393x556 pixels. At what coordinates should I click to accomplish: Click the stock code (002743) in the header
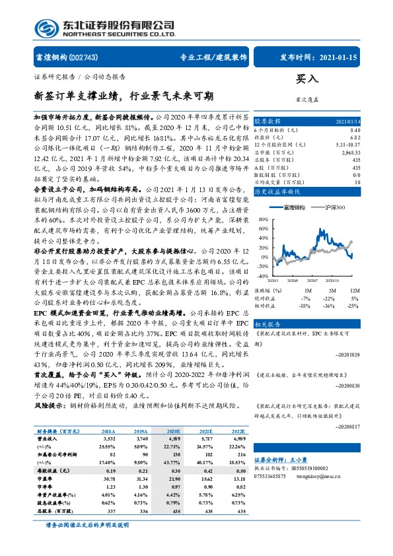tap(83, 57)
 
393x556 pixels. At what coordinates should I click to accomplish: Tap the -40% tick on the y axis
tap(262, 276)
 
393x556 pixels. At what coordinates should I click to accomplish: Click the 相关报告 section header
tap(268, 325)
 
